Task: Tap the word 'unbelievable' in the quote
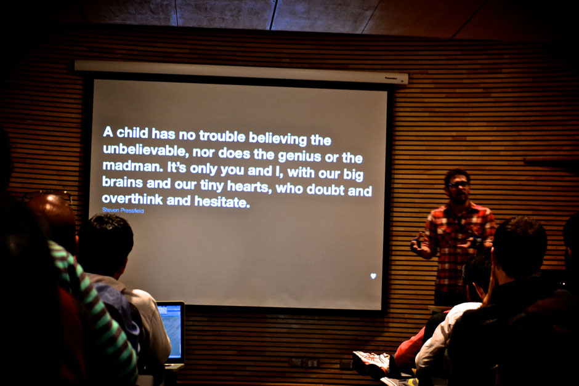point(144,150)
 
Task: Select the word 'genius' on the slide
point(299,156)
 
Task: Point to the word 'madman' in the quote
point(132,166)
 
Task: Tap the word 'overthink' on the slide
point(132,199)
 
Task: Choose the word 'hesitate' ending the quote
point(222,201)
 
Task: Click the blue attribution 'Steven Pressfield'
point(123,211)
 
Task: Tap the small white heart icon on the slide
point(373,276)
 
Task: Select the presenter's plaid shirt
point(458,244)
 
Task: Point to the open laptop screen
point(171,331)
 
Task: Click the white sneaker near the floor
point(371,363)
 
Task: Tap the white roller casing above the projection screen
point(241,72)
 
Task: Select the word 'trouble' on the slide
point(222,136)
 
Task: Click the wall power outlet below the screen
point(307,363)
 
